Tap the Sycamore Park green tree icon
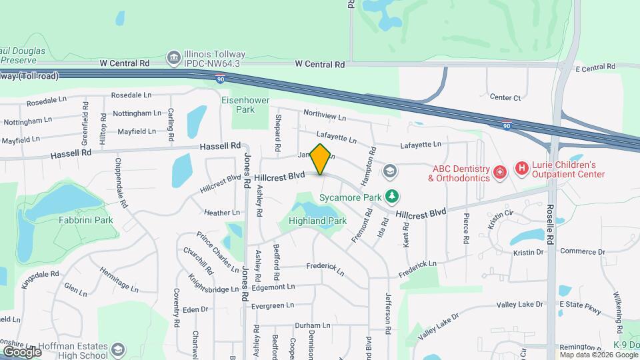(x=394, y=196)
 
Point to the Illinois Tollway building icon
(x=173, y=58)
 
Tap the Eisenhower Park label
(x=238, y=105)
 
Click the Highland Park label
(x=317, y=221)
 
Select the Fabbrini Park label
(x=85, y=220)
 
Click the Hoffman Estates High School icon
(x=118, y=350)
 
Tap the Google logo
(x=21, y=351)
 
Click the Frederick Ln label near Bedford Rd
(x=325, y=268)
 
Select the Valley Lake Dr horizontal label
(x=520, y=305)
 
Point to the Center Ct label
(x=505, y=97)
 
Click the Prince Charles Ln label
(x=217, y=251)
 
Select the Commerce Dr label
(x=582, y=251)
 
